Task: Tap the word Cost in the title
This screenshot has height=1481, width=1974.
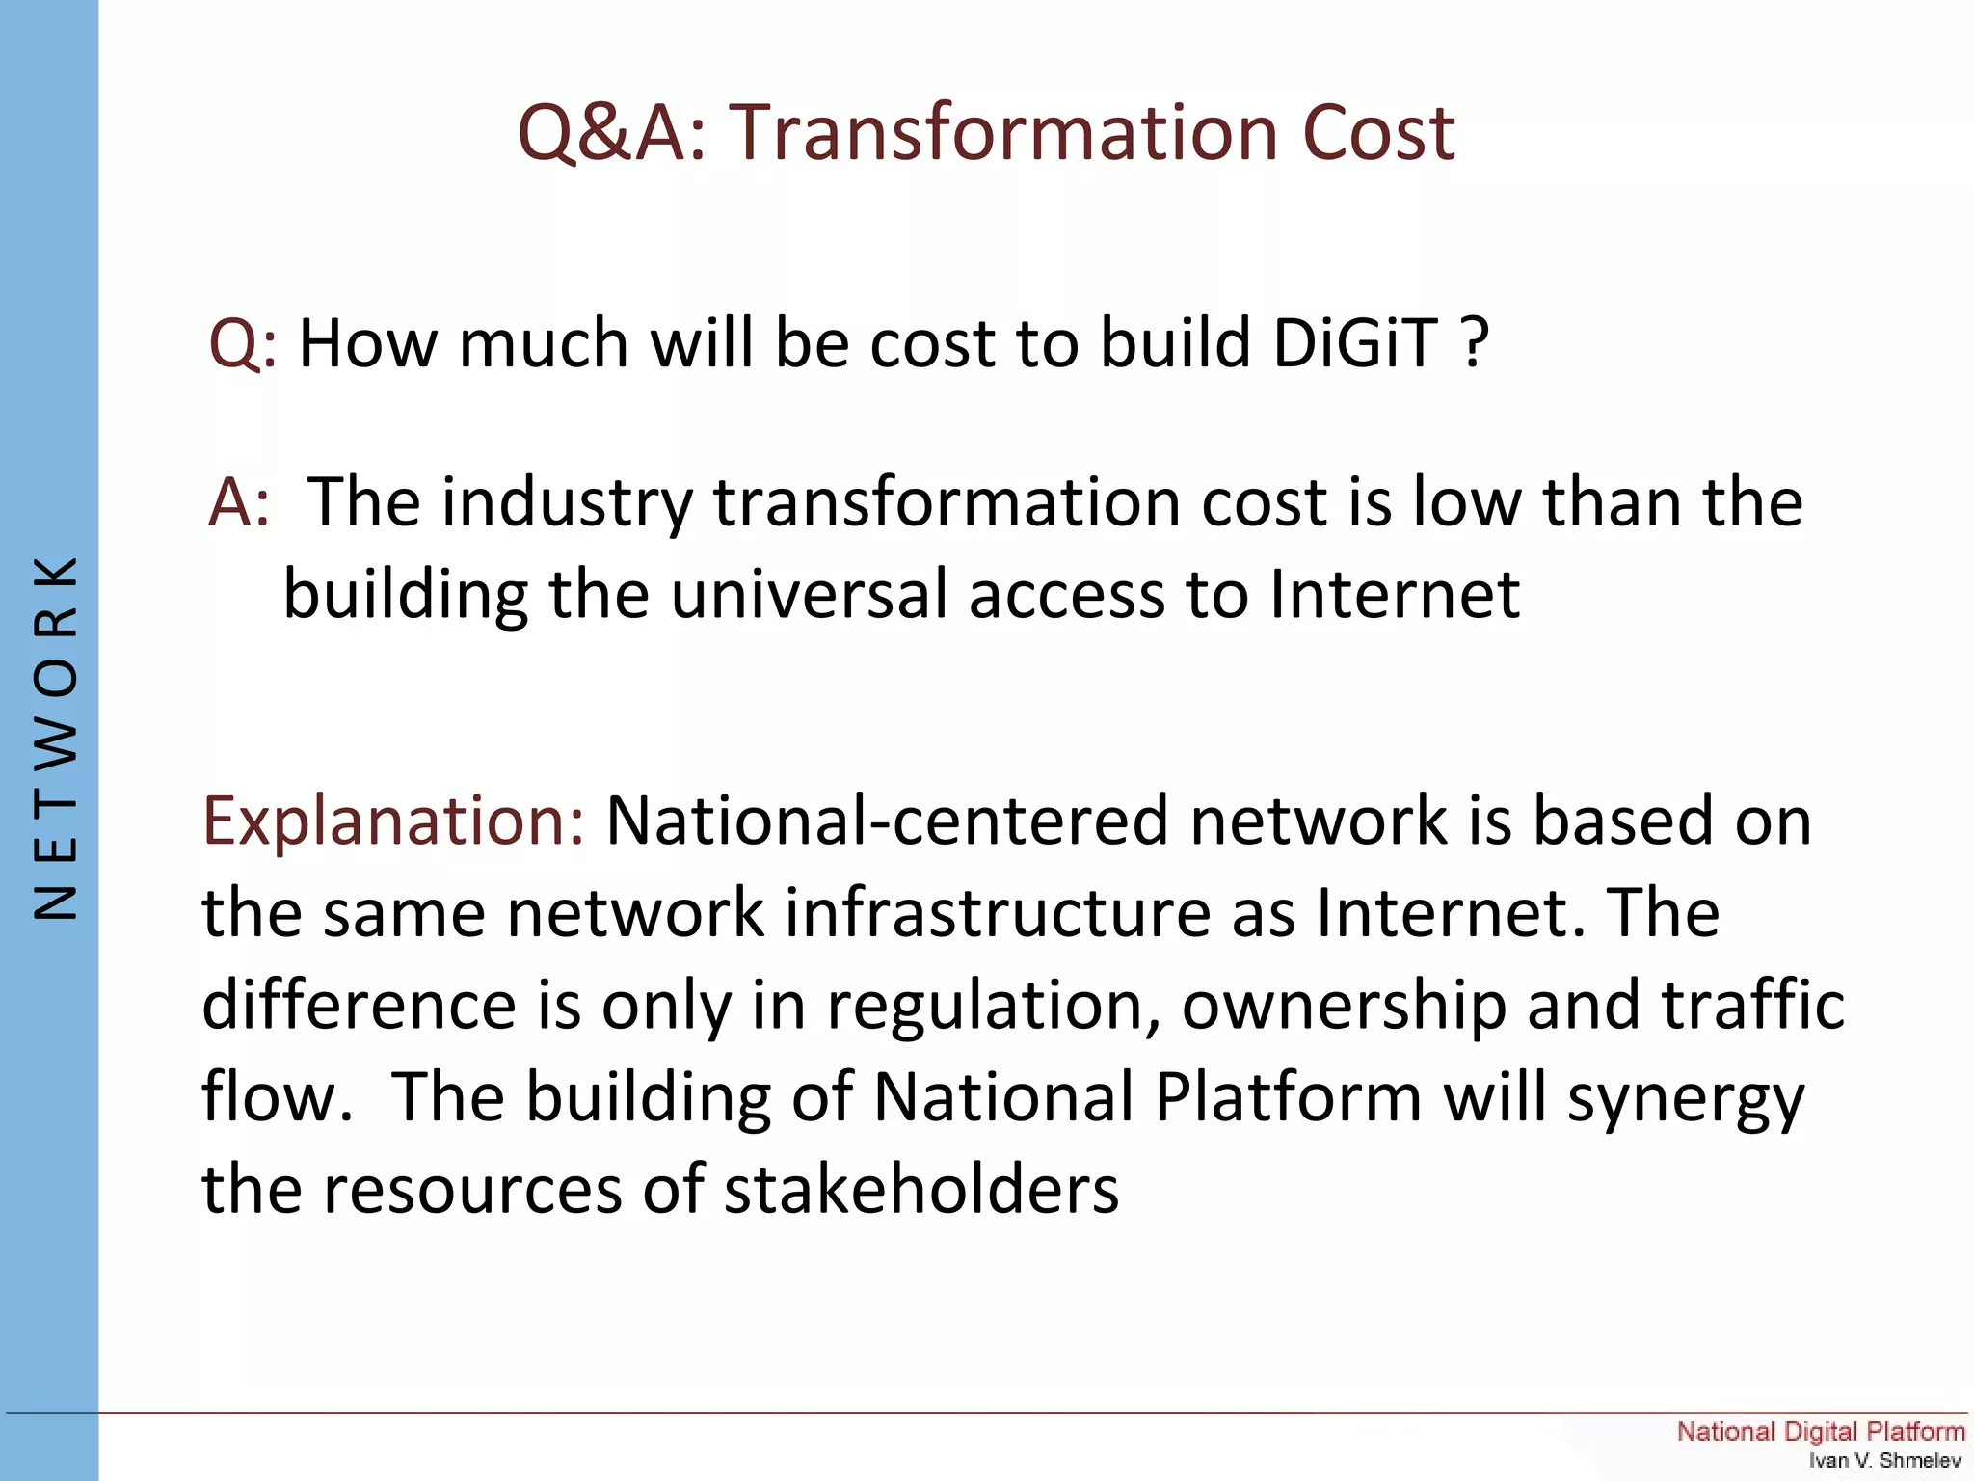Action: [1378, 132]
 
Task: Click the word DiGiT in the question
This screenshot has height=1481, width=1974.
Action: [1354, 343]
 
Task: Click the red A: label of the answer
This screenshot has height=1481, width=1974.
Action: [239, 502]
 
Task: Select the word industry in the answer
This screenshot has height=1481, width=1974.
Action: [567, 504]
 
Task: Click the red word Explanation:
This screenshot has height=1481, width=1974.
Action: [393, 822]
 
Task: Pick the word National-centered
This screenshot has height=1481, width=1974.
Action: [887, 821]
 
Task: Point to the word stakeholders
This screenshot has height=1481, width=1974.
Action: [920, 1189]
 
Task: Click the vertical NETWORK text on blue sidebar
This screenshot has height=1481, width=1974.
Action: [55, 739]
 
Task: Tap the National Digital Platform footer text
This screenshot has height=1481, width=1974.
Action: [1820, 1431]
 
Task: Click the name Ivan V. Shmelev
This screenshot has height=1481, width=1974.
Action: [1883, 1461]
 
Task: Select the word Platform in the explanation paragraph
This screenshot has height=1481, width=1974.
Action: [1288, 1097]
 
